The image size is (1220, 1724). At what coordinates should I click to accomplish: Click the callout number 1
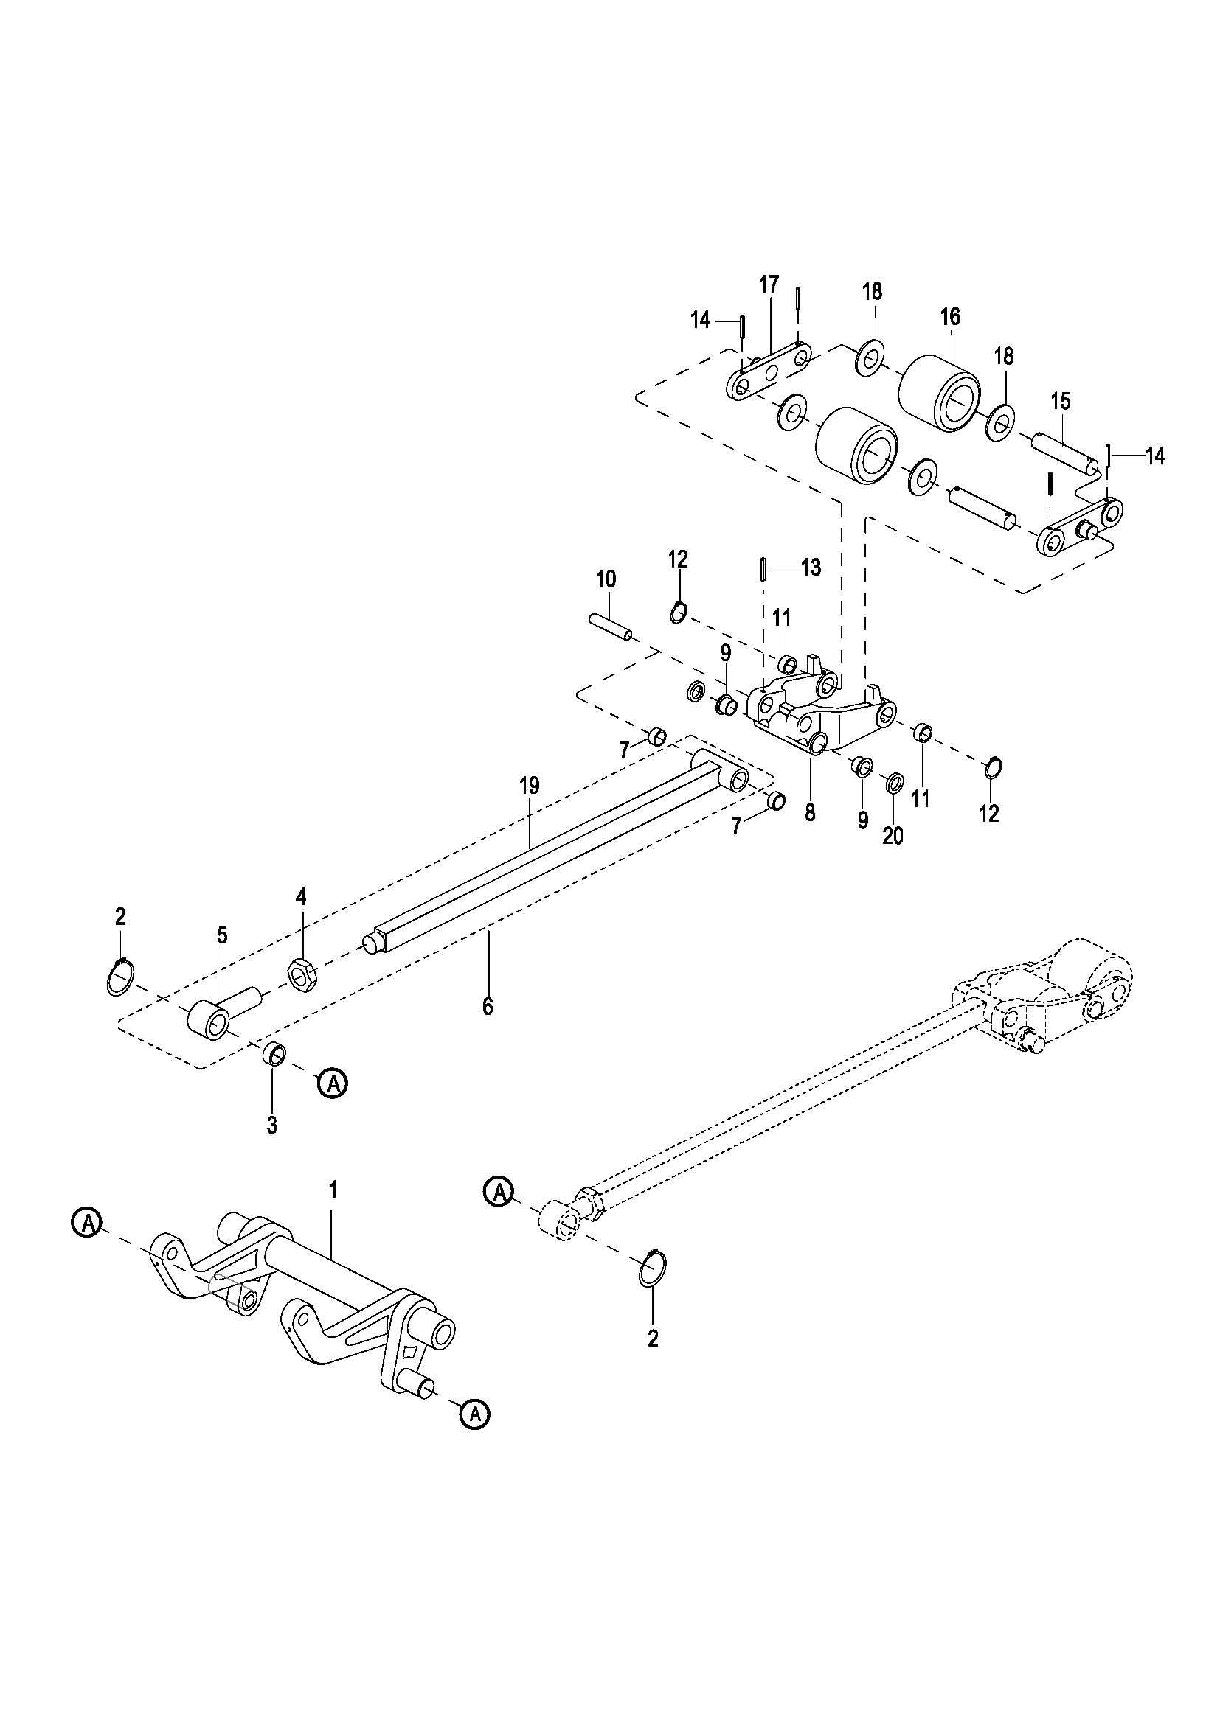[333, 1190]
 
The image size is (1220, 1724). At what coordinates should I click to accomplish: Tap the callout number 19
[529, 786]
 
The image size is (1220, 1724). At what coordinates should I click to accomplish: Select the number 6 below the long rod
[488, 1007]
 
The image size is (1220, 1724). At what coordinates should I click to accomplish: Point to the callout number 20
[893, 836]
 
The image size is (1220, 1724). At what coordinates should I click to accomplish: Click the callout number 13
[811, 568]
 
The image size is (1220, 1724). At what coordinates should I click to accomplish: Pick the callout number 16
[950, 317]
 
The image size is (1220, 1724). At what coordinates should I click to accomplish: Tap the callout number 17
[769, 285]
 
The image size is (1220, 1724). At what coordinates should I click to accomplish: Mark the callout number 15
[1060, 401]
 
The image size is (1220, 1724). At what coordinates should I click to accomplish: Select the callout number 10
[606, 579]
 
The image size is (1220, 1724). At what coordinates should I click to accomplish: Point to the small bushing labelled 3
[274, 1054]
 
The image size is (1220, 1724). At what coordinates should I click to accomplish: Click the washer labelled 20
[894, 784]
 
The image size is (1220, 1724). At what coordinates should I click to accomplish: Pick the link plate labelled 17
[769, 373]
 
